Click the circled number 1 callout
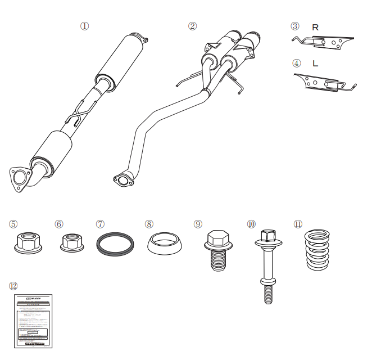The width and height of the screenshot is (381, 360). click(x=85, y=26)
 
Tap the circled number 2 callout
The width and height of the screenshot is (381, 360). click(x=192, y=26)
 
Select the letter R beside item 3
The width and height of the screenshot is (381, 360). click(x=315, y=27)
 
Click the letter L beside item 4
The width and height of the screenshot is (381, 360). click(x=315, y=64)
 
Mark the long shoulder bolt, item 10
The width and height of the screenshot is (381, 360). click(x=267, y=264)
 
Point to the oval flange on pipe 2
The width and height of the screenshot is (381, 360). click(x=123, y=180)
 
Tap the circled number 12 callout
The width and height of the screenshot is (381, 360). click(x=13, y=286)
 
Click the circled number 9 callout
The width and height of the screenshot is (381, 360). click(x=198, y=224)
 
